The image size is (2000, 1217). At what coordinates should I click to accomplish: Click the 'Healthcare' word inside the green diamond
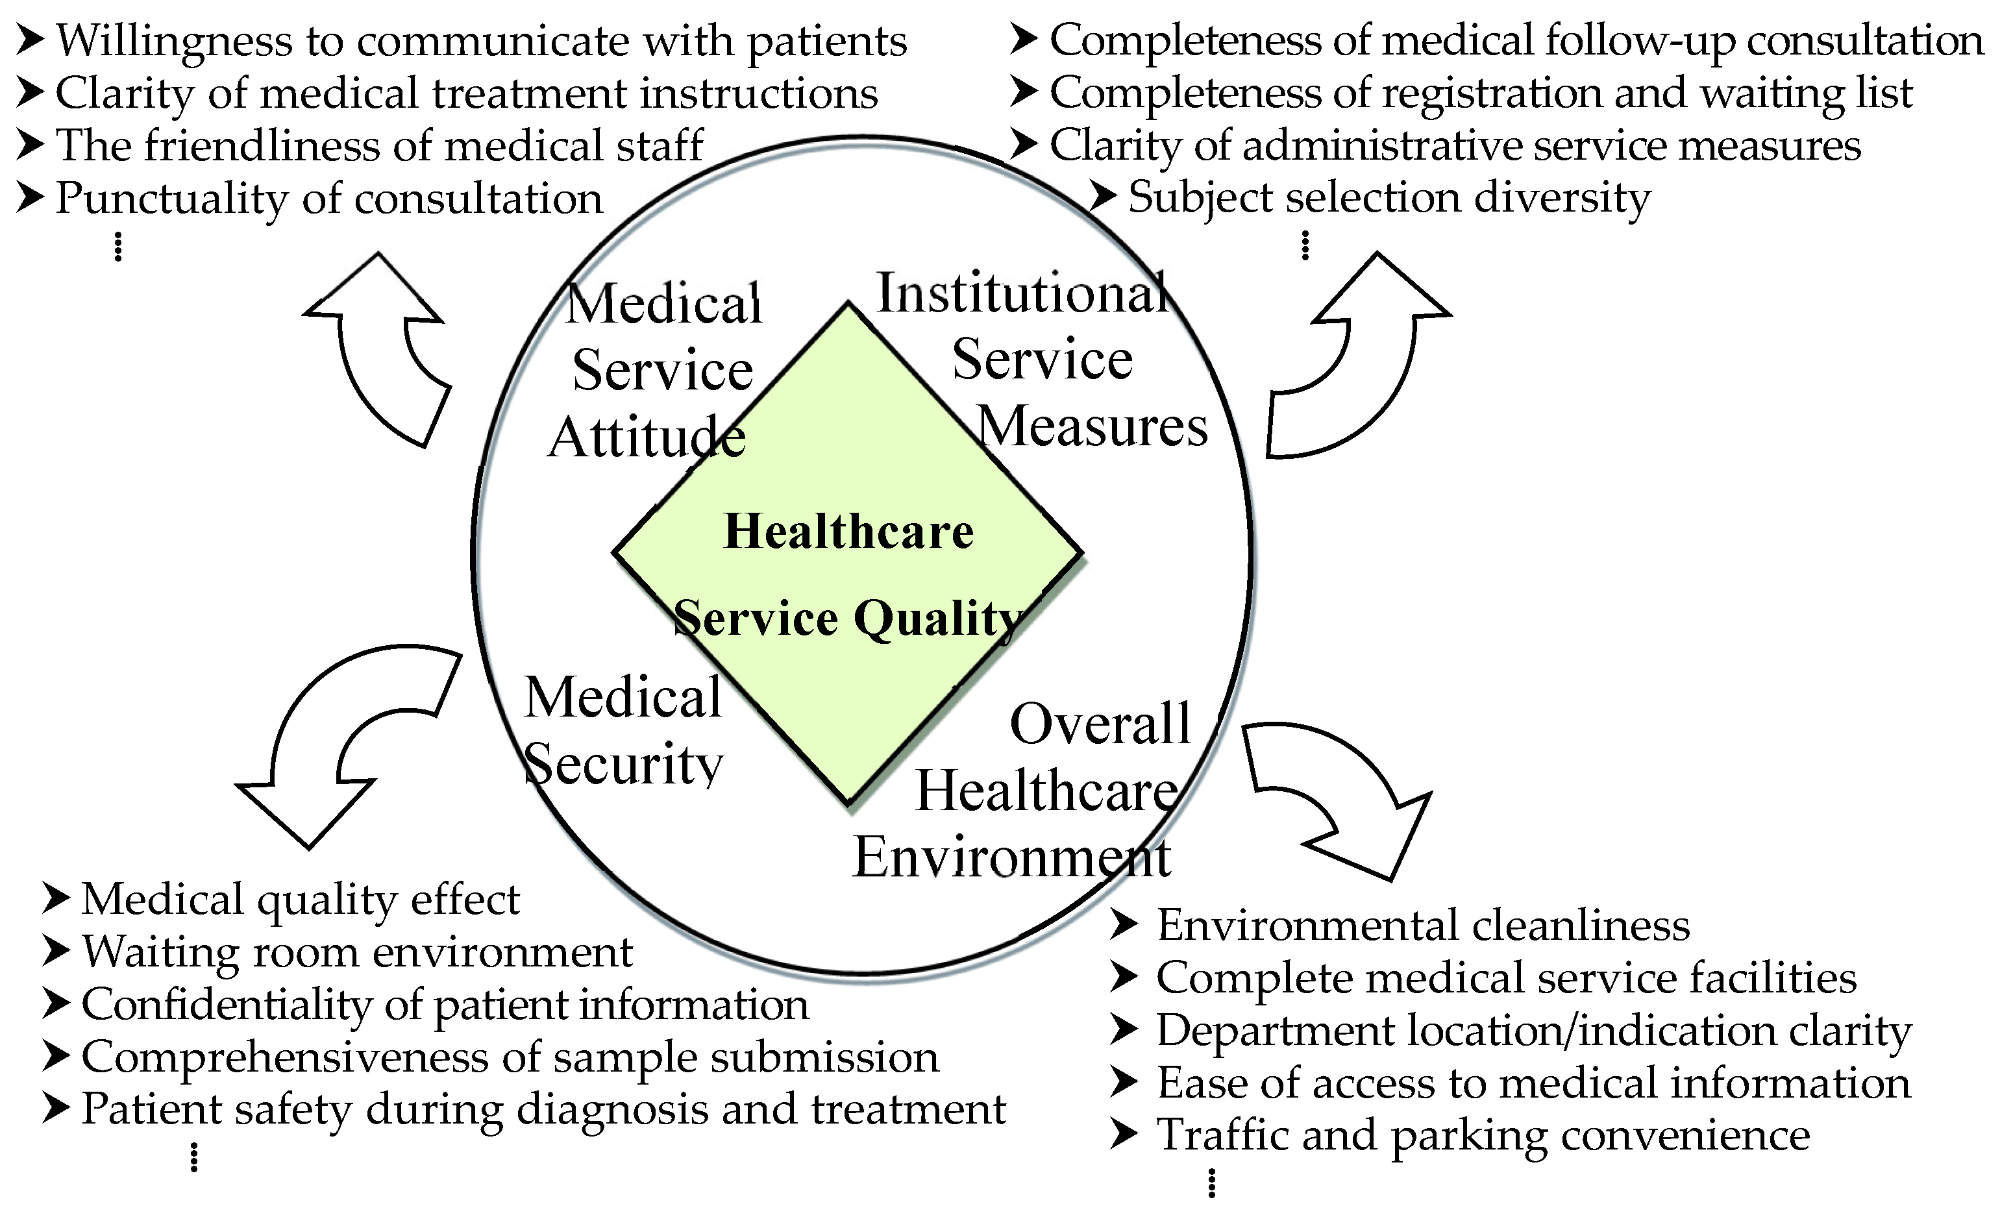[848, 532]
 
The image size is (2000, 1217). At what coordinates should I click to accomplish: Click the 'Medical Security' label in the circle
[623, 730]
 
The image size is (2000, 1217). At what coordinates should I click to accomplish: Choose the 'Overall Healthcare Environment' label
[1047, 791]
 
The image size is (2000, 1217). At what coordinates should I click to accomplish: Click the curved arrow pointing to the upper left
[382, 349]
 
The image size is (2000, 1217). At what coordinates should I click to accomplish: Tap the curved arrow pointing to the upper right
[1355, 357]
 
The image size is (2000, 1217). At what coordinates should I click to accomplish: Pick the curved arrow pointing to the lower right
[1339, 795]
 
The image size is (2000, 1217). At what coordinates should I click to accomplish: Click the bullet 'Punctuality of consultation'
[328, 199]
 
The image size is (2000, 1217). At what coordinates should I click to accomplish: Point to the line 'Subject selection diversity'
[1388, 198]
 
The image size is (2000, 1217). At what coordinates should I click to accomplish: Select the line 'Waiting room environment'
[357, 952]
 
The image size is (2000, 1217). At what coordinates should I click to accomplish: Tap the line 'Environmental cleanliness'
[1422, 926]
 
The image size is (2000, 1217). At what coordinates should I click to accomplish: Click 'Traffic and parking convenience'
[1482, 1135]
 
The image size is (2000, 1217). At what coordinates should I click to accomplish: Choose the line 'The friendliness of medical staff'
[378, 146]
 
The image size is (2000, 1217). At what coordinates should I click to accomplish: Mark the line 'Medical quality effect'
[301, 900]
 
